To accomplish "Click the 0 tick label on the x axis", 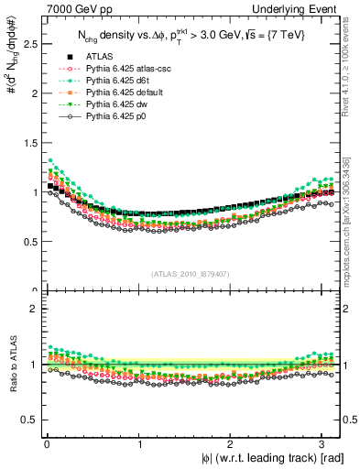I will [46, 444].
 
